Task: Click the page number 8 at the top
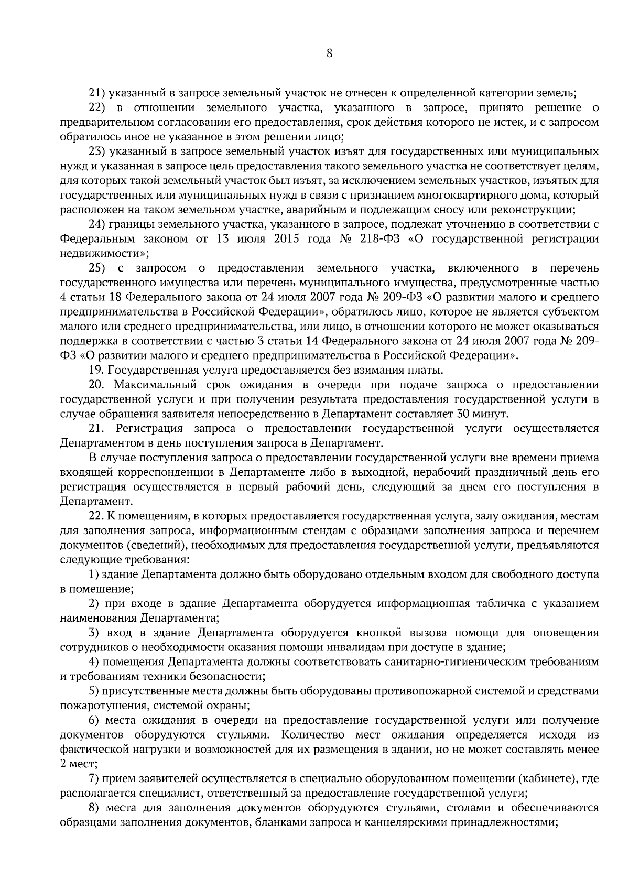[329, 53]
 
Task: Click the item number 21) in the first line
[97, 94]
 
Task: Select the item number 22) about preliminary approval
[97, 108]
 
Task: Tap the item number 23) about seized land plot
[97, 152]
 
